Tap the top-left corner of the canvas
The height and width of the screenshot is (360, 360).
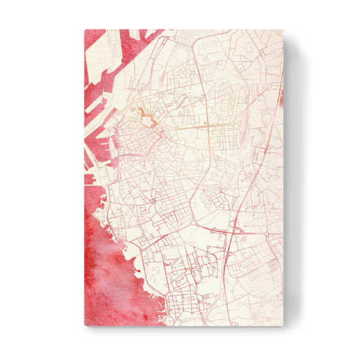click(85, 30)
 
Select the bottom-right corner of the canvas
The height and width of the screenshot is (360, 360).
click(282, 326)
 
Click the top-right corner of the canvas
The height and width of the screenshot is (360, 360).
click(282, 30)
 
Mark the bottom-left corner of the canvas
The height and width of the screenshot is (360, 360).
click(85, 326)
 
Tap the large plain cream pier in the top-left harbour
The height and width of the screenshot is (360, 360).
click(105, 48)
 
